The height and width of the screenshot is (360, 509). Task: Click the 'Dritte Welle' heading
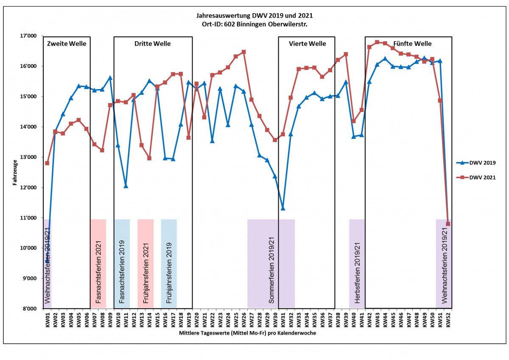tap(153, 44)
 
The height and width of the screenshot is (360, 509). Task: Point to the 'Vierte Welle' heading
tap(307, 44)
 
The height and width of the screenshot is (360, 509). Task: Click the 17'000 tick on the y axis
tap(29, 36)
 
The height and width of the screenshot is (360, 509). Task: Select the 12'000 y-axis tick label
tap(29, 188)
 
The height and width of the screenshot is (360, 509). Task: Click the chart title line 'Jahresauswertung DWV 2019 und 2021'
tap(255, 16)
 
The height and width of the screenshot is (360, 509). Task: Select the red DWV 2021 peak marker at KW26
tap(243, 52)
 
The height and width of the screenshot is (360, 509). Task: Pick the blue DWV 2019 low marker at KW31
tap(283, 208)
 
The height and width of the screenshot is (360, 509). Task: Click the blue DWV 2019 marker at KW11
tap(126, 186)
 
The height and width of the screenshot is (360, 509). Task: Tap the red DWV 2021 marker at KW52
tap(448, 224)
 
